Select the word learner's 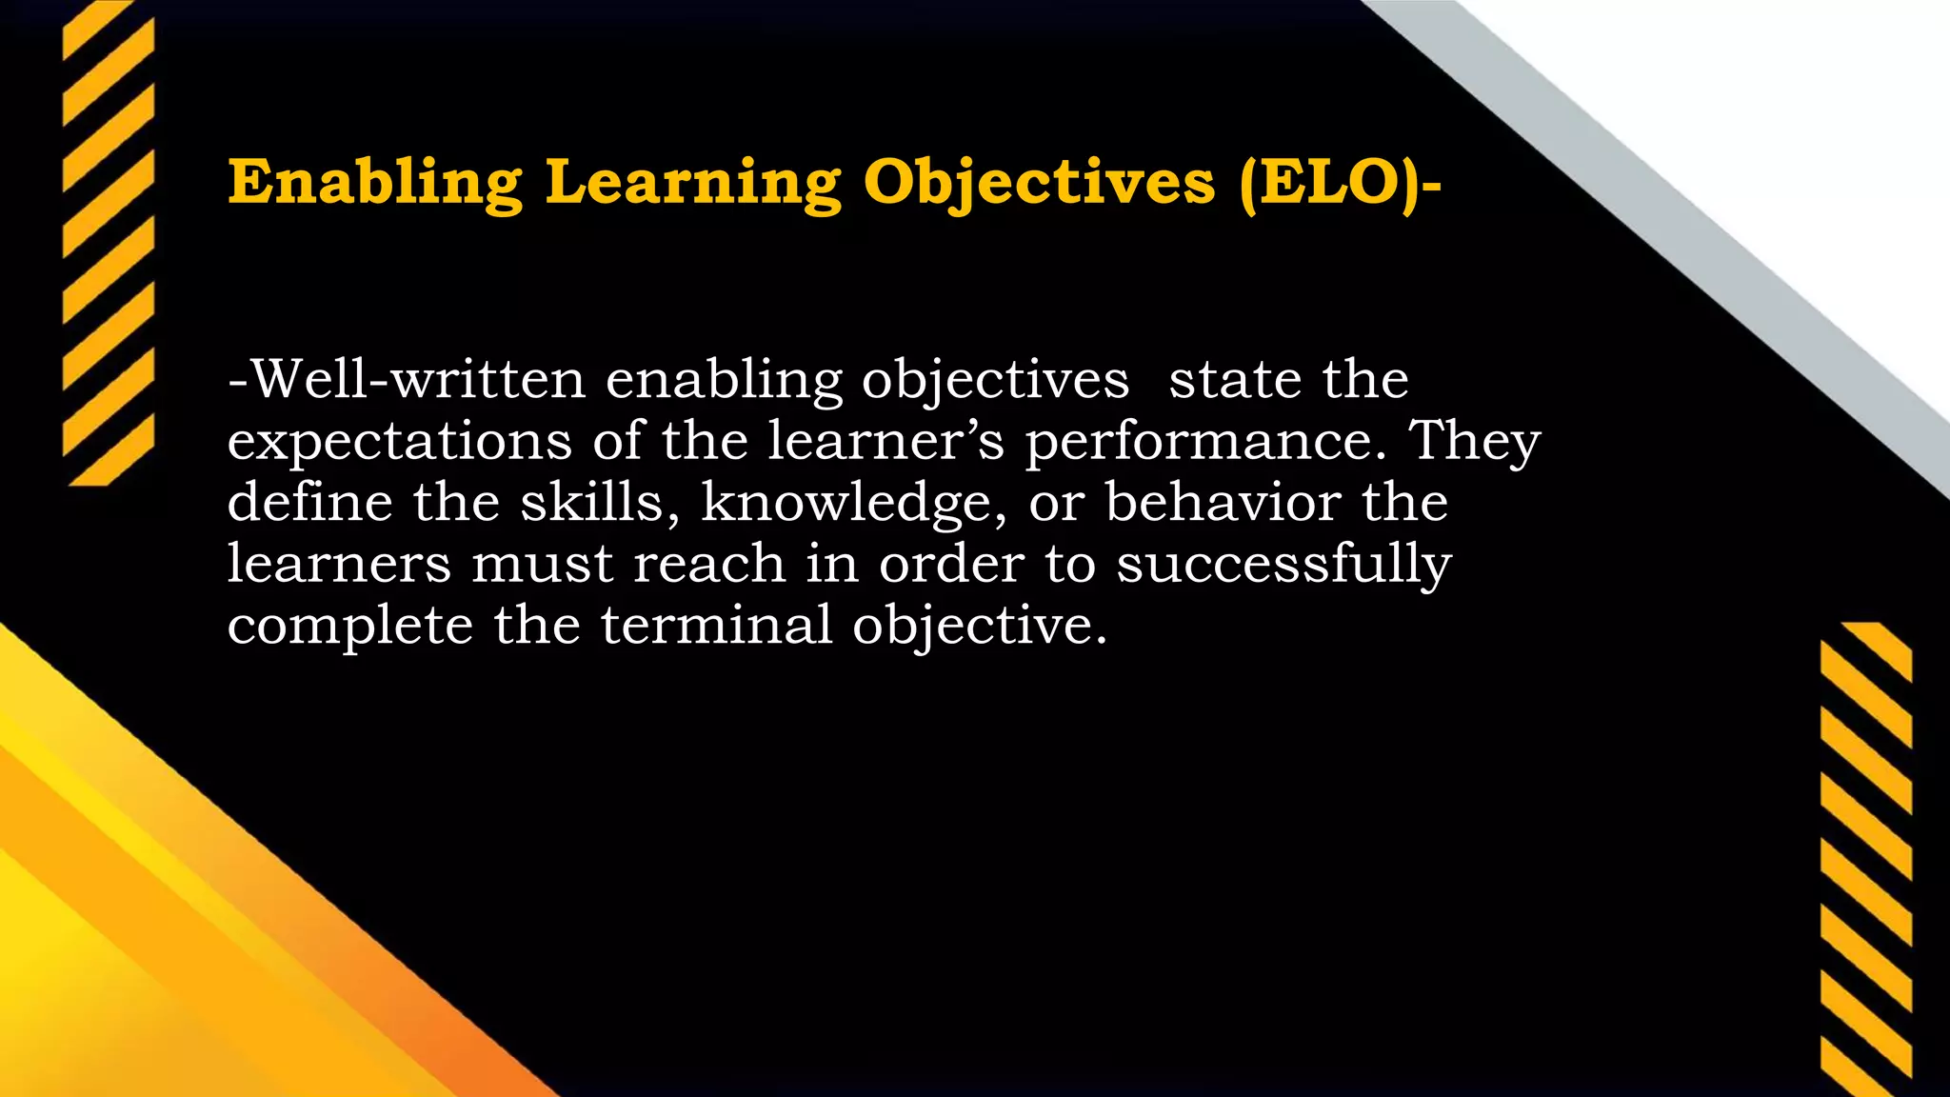pos(885,441)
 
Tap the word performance pos(1204,443)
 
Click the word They pos(1474,441)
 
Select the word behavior pos(1223,502)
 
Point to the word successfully pos(1283,564)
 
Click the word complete pos(350,626)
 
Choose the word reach pos(709,564)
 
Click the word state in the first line pos(1235,379)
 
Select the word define pos(309,502)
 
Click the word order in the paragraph pos(951,564)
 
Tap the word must pos(542,564)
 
